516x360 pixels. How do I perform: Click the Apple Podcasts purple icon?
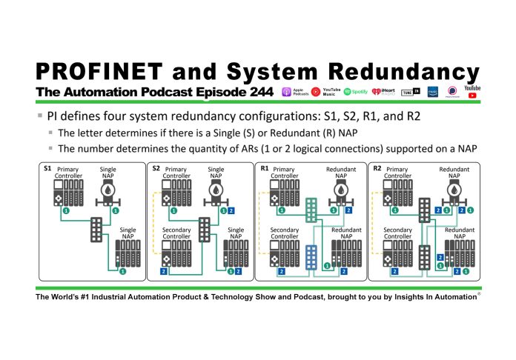coord(288,92)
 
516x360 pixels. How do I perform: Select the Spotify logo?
coord(347,92)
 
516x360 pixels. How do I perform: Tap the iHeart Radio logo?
coord(376,92)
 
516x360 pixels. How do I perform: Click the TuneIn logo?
coord(407,92)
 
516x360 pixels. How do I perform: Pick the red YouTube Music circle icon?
coord(316,92)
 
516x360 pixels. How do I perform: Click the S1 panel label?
coord(48,168)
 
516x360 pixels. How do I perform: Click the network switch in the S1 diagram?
coord(95,230)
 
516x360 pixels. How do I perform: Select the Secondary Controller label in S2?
coord(177,234)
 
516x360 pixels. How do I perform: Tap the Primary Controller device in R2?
coord(397,197)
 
